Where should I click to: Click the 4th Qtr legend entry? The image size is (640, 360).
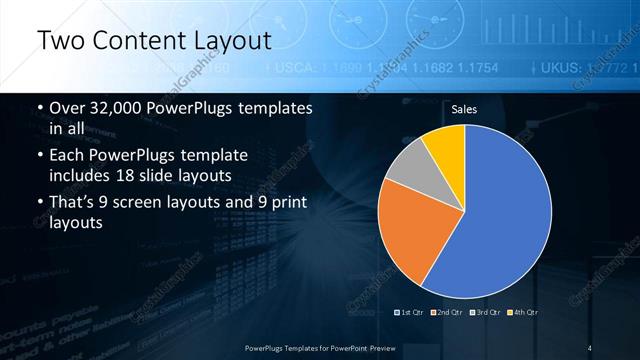point(525,314)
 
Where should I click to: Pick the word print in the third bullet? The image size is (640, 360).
point(287,204)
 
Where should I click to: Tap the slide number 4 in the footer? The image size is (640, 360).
point(590,347)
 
